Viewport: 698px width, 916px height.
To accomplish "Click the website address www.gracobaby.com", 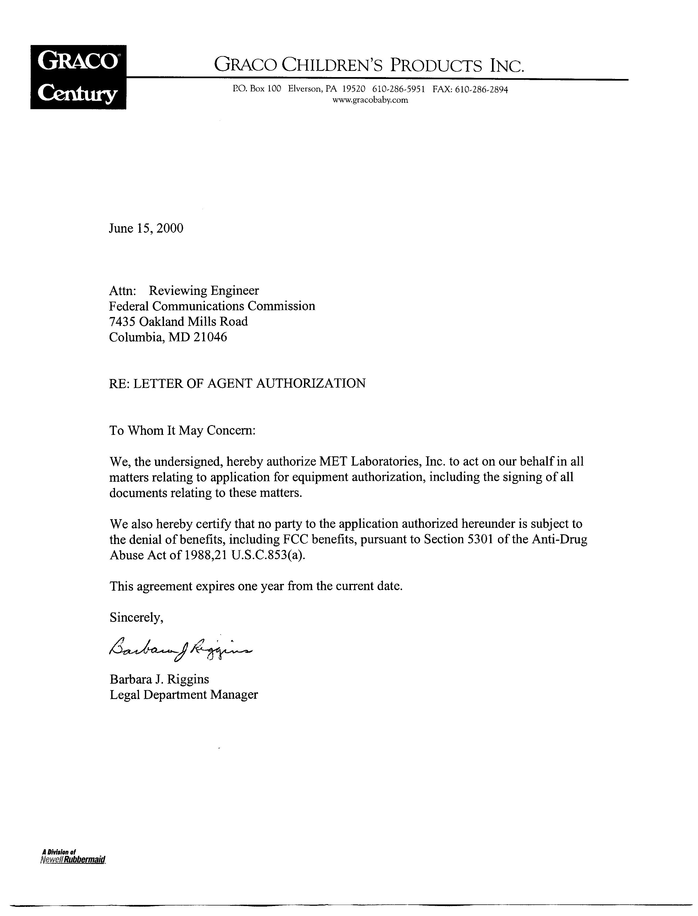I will (x=370, y=100).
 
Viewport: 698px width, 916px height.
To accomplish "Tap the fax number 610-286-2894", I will (x=481, y=89).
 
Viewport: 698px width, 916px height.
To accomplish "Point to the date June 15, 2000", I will (x=146, y=228).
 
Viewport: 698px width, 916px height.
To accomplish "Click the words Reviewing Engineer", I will (x=204, y=290).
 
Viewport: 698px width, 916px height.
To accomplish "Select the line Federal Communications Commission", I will (x=212, y=306).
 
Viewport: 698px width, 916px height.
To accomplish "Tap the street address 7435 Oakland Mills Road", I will (x=178, y=321).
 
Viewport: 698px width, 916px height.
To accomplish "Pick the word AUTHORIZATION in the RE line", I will (x=310, y=383).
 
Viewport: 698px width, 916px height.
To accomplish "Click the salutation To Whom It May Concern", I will (x=182, y=430).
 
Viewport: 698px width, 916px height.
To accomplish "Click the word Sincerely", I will (x=136, y=618).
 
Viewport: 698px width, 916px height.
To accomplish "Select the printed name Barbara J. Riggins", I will (x=159, y=679).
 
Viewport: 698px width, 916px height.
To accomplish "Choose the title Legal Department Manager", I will (x=184, y=695).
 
